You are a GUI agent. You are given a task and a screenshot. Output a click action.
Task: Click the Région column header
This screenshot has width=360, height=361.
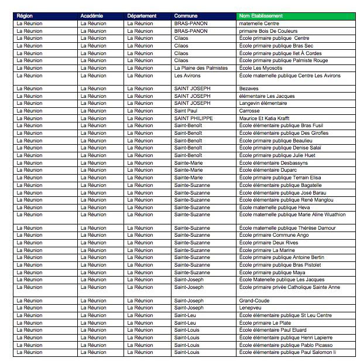[x=25, y=16]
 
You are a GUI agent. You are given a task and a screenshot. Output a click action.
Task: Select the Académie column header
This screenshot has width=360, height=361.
[x=92, y=16]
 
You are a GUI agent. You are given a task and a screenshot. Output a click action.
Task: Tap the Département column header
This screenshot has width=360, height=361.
[x=142, y=16]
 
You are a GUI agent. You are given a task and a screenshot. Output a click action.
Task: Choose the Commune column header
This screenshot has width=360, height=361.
[x=186, y=16]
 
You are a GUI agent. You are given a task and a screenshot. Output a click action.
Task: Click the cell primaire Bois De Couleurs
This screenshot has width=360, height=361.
[x=269, y=31]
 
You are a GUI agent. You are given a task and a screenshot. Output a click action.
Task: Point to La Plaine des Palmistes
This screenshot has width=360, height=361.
[x=201, y=68]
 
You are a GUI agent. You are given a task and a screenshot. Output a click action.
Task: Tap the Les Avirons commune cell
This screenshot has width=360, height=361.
[x=187, y=76]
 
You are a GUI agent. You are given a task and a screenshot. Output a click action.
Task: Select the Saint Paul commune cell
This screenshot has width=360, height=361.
[x=186, y=111]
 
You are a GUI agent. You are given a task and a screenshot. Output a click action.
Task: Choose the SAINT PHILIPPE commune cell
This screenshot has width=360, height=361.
[x=194, y=118]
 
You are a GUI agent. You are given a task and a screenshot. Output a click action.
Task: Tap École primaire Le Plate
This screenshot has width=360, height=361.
[x=266, y=323]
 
